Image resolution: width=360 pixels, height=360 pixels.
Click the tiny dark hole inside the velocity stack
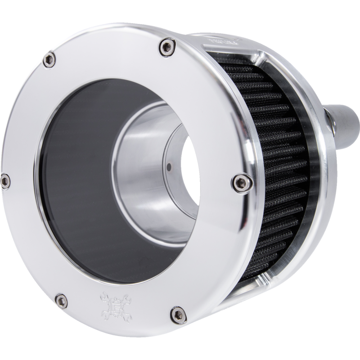pos(168,167)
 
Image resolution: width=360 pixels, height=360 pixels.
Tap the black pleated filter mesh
pos(279,148)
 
